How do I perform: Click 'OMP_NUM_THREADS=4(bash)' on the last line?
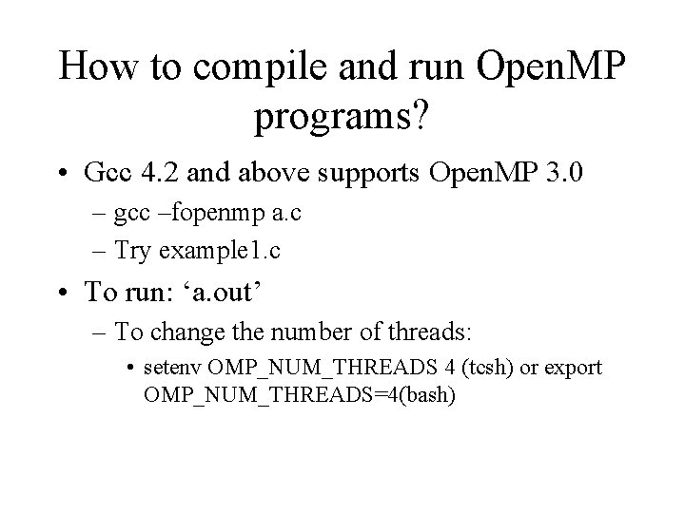tap(300, 393)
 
